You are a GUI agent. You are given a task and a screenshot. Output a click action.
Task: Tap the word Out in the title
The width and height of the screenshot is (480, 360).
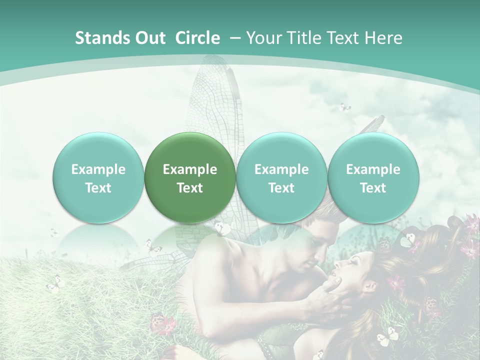[149, 38]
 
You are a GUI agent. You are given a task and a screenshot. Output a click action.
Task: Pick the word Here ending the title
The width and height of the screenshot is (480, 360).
[384, 38]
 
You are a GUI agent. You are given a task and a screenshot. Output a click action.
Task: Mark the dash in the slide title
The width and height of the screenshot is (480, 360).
[233, 38]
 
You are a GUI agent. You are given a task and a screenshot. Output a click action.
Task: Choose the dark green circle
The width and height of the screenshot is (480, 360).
[190, 177]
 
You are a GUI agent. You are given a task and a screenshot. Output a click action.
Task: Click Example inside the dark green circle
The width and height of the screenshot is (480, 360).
[190, 169]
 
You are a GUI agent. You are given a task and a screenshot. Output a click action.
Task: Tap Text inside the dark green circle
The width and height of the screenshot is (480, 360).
[190, 188]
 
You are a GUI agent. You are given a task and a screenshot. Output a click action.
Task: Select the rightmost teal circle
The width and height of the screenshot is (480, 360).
[373, 177]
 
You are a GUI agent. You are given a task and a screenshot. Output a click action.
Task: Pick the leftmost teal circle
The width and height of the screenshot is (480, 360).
[98, 177]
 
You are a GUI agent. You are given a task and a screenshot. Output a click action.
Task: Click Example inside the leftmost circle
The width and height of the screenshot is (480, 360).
[98, 169]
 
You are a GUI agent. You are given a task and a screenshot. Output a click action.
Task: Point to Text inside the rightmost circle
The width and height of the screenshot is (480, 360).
[373, 188]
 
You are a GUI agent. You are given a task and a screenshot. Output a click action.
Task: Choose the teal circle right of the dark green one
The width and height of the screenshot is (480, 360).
[281, 177]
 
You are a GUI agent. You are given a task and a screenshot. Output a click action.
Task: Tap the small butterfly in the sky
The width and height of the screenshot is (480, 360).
[344, 107]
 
